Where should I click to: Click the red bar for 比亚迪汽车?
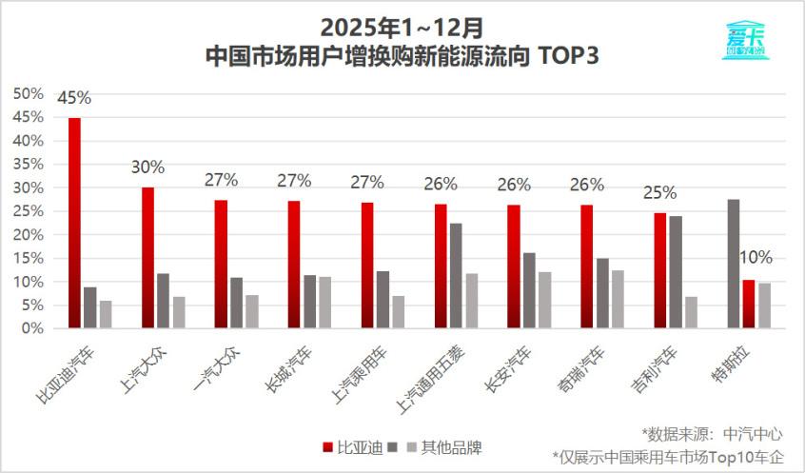(74, 224)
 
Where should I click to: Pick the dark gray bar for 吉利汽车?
(676, 272)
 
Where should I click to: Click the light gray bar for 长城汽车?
(325, 303)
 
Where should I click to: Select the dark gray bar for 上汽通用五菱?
(457, 276)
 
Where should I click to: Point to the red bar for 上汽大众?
(147, 258)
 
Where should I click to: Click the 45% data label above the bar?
(74, 98)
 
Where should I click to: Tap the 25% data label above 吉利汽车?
(659, 193)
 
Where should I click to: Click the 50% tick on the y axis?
(29, 93)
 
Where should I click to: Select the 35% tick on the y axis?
(29, 164)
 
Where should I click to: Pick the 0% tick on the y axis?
(32, 328)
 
